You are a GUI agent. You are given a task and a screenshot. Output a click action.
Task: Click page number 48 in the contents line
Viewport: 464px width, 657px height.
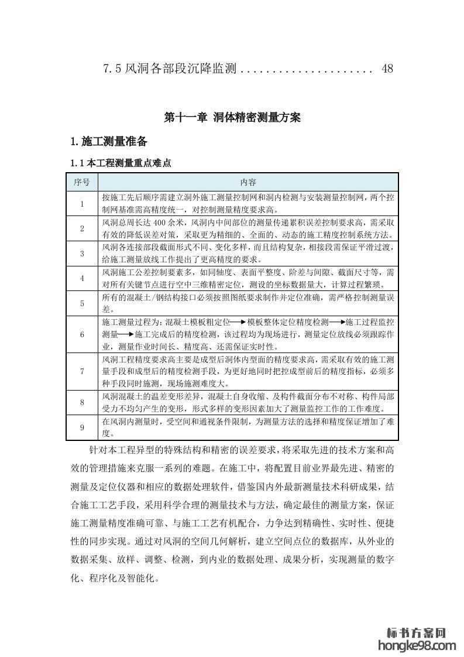387,69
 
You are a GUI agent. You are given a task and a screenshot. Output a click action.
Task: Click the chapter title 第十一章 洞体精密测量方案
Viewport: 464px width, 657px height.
232,117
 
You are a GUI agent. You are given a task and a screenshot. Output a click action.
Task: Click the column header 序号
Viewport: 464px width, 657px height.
82,182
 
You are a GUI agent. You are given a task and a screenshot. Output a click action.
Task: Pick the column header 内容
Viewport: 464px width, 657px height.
248,182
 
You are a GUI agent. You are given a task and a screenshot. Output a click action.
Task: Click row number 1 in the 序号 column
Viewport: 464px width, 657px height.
82,204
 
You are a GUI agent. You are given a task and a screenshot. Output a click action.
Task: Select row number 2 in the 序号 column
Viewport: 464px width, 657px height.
82,228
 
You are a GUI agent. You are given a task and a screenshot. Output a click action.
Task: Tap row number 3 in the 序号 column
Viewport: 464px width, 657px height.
82,254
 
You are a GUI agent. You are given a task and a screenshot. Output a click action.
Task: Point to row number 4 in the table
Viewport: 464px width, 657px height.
82,278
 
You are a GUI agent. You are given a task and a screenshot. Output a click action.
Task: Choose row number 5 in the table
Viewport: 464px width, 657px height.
82,303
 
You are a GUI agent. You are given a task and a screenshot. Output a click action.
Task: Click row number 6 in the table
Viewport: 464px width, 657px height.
82,334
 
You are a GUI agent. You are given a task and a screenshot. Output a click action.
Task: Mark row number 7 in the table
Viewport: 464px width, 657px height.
82,371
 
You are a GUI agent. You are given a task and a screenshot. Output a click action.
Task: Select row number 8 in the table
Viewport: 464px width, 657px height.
82,402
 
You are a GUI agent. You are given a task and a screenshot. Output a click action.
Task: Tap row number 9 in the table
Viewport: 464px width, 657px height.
82,427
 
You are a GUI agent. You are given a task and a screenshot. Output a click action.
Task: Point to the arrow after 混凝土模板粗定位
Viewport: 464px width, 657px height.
238,323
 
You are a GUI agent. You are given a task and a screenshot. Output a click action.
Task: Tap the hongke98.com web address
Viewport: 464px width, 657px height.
417,645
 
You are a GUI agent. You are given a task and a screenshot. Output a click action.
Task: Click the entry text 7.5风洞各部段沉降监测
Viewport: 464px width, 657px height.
169,69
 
